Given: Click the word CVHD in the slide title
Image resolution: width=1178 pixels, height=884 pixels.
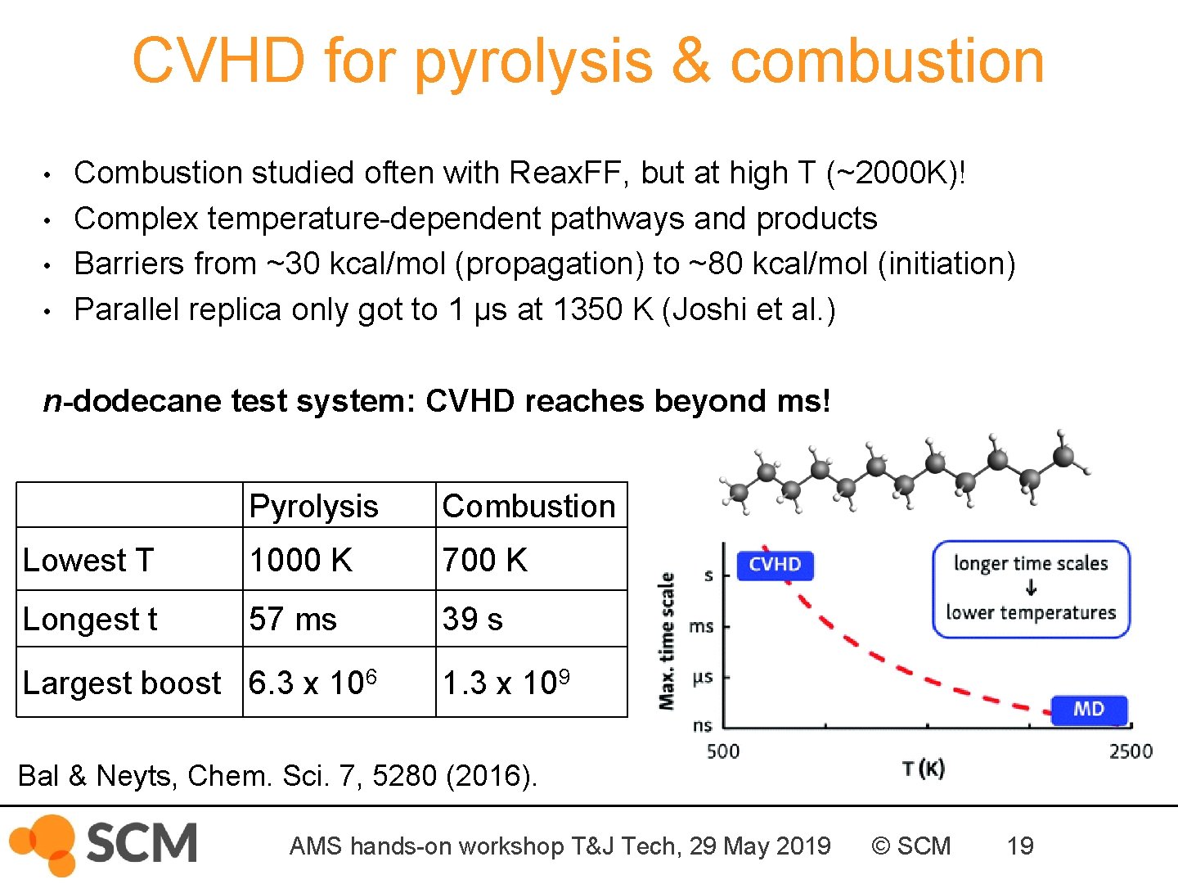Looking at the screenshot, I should pos(218,61).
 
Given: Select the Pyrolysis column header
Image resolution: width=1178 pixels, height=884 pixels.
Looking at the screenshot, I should pos(313,506).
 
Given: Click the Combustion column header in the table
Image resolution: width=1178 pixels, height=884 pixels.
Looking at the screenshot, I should pos(528,506).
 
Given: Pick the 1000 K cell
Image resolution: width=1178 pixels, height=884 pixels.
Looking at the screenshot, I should pos(300,560).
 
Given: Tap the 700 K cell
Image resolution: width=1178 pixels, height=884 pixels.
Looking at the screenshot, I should pos(484,560).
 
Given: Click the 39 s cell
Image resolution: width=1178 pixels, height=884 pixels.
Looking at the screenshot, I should pos(472,619).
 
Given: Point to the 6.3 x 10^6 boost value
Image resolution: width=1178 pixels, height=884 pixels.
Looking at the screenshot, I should pos(312,682).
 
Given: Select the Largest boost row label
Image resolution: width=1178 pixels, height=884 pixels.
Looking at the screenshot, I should pos(122,683).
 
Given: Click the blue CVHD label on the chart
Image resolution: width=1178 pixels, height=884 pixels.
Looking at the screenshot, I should pos(775,565).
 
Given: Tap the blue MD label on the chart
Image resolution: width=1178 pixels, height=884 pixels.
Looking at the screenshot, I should pos(1089,709).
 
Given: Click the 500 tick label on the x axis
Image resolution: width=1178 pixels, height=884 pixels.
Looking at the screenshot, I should pos(723,751).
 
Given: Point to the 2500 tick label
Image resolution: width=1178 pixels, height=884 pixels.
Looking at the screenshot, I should pos(1131,751).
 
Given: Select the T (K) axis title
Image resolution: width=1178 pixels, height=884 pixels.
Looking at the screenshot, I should pos(924,769).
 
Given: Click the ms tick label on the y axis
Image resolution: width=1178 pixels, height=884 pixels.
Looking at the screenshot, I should pos(701,627).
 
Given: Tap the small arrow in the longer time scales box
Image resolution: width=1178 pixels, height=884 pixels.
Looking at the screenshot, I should pos(1031,588).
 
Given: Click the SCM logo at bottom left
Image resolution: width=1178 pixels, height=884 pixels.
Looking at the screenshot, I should pos(104,844).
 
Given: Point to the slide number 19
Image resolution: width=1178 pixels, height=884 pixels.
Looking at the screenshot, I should pos(1020,846).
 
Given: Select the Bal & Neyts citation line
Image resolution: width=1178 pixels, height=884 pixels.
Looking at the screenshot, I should pos(277,775).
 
